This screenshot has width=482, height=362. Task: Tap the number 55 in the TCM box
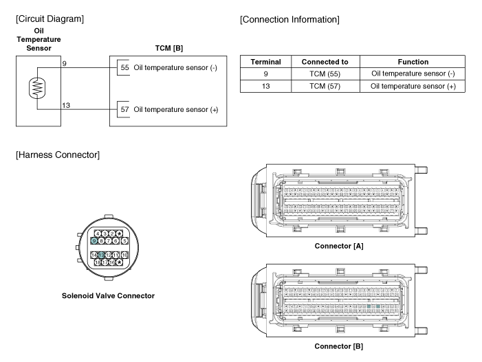click(124, 68)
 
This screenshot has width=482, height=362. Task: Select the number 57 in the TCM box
click(124, 109)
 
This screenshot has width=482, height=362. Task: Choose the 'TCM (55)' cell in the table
click(325, 73)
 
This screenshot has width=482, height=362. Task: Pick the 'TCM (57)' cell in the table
click(325, 86)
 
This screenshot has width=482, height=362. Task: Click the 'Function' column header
click(408, 62)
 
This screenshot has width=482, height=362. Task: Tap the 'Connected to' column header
click(325, 62)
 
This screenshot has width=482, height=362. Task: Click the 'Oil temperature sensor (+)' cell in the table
click(408, 86)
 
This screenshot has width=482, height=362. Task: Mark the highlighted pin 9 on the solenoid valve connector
click(94, 241)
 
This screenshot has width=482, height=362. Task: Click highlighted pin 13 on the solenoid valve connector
click(101, 255)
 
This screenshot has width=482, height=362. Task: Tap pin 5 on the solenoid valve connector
click(116, 241)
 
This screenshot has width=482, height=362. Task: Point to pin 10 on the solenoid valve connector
click(124, 255)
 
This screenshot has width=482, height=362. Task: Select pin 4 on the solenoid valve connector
click(98, 234)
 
